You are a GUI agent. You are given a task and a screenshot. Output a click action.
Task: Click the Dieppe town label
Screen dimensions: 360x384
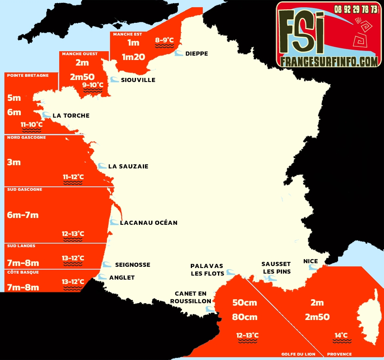pyautogui.click(x=196, y=54)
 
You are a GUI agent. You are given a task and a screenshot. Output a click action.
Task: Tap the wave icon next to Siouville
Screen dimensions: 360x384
pyautogui.click(x=114, y=80)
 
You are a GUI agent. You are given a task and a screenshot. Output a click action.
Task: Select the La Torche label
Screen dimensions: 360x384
pyautogui.click(x=71, y=116)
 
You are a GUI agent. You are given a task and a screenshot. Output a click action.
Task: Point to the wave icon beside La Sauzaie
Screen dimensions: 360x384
pyautogui.click(x=102, y=166)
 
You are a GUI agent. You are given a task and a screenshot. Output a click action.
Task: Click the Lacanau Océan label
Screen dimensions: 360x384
pyautogui.click(x=148, y=223)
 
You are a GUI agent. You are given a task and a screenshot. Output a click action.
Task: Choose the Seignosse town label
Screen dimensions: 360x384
pyautogui.click(x=132, y=265)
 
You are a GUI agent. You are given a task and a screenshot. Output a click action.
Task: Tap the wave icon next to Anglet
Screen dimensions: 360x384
pyautogui.click(x=103, y=277)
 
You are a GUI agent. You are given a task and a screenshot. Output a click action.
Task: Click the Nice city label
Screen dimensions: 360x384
pyautogui.click(x=310, y=261)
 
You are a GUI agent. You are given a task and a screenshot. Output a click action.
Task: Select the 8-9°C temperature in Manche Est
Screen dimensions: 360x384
pyautogui.click(x=164, y=40)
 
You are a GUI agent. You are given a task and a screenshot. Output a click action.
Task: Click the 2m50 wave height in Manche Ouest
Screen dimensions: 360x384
pyautogui.click(x=82, y=77)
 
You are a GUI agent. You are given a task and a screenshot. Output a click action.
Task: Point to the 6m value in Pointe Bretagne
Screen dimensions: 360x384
pyautogui.click(x=14, y=112)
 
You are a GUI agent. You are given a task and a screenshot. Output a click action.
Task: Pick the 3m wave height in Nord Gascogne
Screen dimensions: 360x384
pyautogui.click(x=14, y=162)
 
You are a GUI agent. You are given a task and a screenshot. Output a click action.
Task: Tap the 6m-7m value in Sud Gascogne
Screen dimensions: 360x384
pyautogui.click(x=23, y=215)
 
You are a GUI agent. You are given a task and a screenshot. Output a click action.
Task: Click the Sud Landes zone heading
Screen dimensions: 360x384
pyautogui.click(x=21, y=246)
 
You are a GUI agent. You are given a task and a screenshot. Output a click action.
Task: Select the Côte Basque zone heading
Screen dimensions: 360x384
pyautogui.click(x=23, y=272)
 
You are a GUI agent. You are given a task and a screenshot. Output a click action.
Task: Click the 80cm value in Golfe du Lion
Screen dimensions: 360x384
pyautogui.click(x=245, y=317)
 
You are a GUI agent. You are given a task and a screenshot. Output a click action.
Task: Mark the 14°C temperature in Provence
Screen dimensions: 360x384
pyautogui.click(x=341, y=335)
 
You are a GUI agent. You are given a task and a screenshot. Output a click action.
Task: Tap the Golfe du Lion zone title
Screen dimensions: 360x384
pyautogui.click(x=298, y=354)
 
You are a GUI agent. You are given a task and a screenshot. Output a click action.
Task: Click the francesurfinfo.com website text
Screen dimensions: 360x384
pyautogui.click(x=329, y=61)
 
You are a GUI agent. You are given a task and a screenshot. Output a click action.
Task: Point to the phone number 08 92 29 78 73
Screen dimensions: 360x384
pyautogui.click(x=356, y=9)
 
